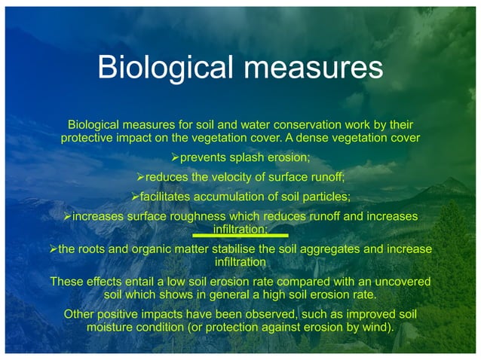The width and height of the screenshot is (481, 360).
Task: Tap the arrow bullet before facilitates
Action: pyautogui.click(x=135, y=197)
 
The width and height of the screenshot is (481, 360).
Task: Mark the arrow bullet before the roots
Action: pyautogui.click(x=52, y=249)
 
